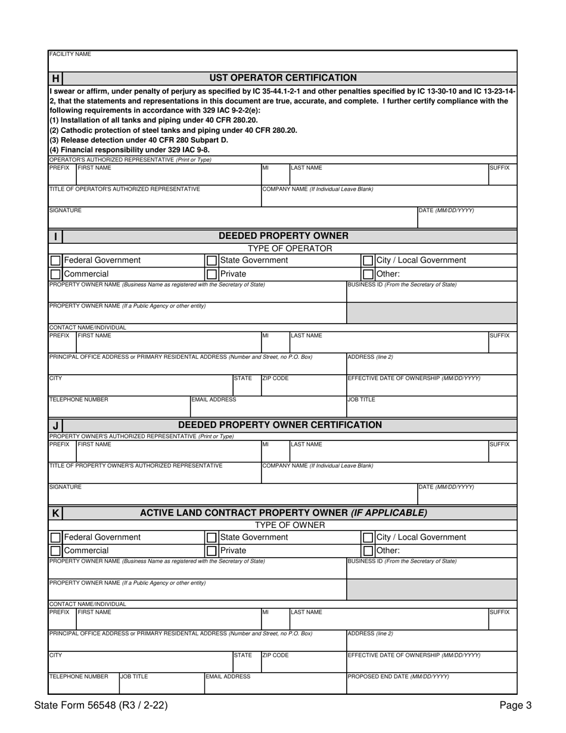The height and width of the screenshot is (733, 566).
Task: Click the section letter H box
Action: tap(55, 78)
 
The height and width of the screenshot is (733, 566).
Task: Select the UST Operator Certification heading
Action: tap(283, 77)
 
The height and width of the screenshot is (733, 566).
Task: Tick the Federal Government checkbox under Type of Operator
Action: tap(55, 260)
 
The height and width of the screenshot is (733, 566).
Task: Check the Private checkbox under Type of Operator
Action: tap(211, 274)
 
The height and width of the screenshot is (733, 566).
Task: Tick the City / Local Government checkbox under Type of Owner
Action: tap(368, 538)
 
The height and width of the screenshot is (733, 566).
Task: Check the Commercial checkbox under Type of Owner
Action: tap(55, 551)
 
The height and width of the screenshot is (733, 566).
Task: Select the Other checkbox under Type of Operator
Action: tap(368, 274)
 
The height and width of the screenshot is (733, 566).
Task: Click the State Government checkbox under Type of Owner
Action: tap(211, 538)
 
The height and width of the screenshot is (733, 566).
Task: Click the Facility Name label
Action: tap(70, 54)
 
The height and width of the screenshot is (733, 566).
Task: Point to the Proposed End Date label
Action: tap(398, 676)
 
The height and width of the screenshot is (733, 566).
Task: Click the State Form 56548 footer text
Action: tap(101, 706)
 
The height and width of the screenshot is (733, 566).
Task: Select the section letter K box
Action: tap(55, 513)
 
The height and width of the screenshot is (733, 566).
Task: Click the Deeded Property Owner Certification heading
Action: tap(280, 425)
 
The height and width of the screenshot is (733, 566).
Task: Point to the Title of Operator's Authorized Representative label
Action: tap(125, 189)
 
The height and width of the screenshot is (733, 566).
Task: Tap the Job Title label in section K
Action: tap(134, 676)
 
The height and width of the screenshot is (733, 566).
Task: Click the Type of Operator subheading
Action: tap(290, 248)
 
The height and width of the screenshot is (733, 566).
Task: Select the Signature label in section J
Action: tap(66, 487)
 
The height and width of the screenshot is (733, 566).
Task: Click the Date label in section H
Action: tap(447, 210)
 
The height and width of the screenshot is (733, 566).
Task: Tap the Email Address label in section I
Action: tap(213, 399)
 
